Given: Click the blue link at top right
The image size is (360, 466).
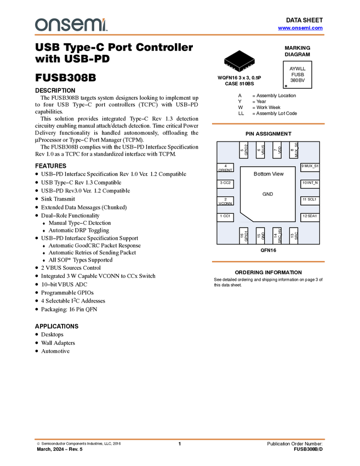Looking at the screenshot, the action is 300,28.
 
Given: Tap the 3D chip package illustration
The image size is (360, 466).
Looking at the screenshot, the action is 239,60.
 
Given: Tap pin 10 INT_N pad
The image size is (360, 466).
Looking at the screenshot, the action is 310,183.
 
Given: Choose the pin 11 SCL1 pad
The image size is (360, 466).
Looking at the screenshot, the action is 310,200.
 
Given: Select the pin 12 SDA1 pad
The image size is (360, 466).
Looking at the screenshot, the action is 310,217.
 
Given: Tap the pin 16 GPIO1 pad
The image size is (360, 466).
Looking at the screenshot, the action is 244,235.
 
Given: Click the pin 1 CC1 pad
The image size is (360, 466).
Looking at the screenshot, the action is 225,217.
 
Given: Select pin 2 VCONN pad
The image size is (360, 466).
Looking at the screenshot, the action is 225,201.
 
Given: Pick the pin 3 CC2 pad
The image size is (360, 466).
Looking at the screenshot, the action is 225,183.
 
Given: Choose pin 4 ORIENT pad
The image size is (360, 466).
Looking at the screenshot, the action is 225,168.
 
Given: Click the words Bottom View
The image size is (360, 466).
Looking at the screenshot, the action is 268,174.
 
